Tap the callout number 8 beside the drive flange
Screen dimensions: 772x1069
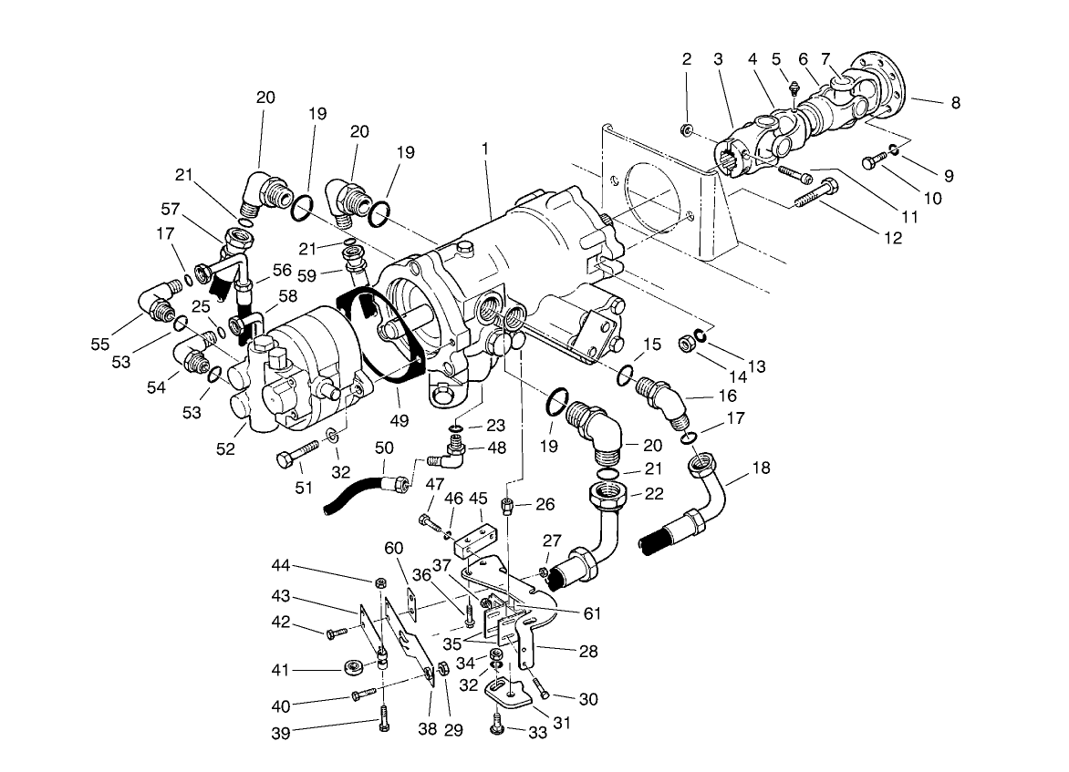pos(955,103)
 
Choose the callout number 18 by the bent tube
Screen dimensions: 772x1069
pos(762,468)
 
